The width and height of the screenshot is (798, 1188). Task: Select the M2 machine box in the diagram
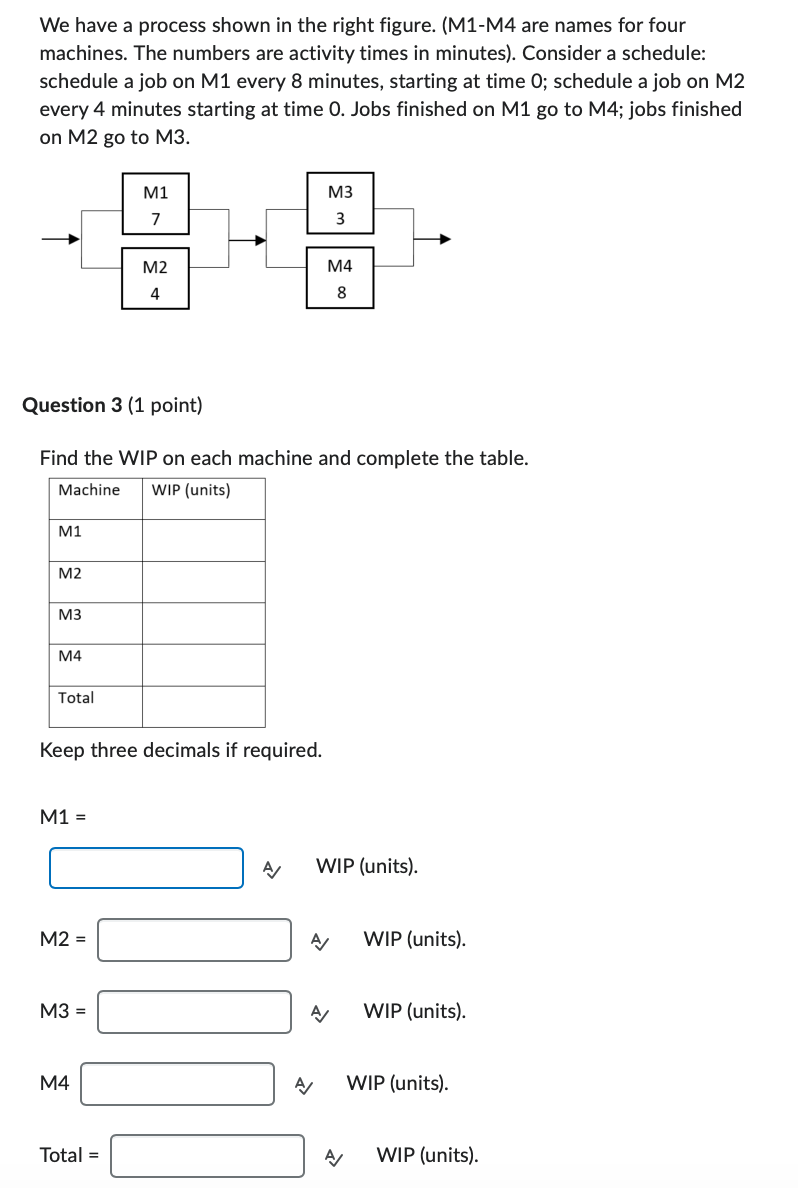[x=155, y=279]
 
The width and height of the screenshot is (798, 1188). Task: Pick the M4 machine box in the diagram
[x=340, y=279]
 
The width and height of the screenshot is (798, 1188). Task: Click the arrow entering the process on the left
[x=60, y=239]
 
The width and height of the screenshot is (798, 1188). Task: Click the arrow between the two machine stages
[x=248, y=239]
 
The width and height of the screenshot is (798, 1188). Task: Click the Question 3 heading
[x=112, y=405]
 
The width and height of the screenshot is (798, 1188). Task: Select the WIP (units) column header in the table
[x=191, y=490]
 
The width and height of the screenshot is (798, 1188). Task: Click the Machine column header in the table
[x=89, y=490]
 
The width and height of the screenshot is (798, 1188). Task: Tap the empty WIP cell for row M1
[x=203, y=540]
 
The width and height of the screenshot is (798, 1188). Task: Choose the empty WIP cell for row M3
[x=203, y=623]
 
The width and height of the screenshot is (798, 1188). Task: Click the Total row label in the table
[x=76, y=698]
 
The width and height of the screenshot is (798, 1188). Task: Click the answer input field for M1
[x=146, y=867]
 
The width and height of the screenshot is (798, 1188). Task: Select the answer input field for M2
[x=194, y=940]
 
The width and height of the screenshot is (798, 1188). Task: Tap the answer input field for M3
[x=194, y=1011]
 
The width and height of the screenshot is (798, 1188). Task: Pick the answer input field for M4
[x=177, y=1083]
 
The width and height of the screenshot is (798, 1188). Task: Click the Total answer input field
[x=207, y=1155]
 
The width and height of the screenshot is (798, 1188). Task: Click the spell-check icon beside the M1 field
[x=271, y=868]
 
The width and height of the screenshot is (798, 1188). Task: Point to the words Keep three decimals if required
[x=181, y=750]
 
